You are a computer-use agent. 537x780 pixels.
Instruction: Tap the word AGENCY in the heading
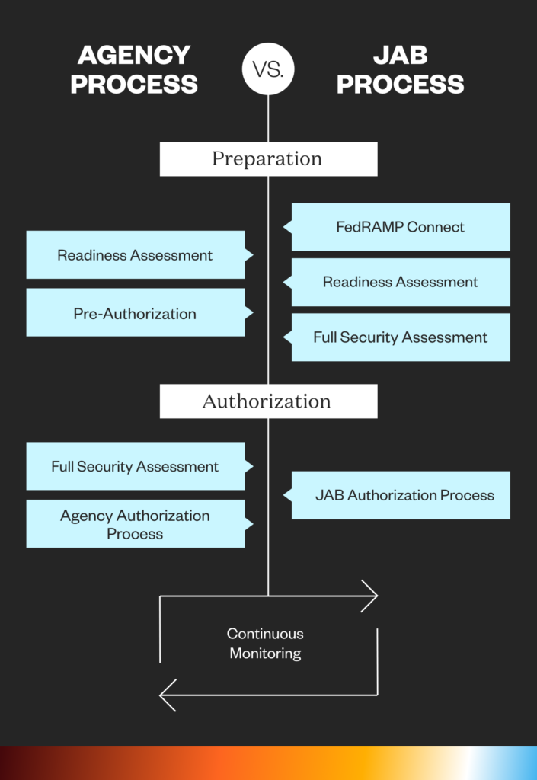(x=134, y=56)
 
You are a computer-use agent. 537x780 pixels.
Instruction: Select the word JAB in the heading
(x=400, y=56)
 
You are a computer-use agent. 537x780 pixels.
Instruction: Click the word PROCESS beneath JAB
(x=400, y=84)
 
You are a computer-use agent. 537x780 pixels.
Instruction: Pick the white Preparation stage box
(x=268, y=159)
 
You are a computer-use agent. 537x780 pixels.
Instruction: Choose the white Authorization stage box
(x=268, y=401)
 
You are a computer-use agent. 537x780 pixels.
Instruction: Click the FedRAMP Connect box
(x=401, y=227)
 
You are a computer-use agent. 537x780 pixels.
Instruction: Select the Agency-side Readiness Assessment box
(x=136, y=255)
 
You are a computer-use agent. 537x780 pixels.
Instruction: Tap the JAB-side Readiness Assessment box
(x=401, y=283)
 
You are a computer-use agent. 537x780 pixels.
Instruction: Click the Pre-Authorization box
(x=136, y=313)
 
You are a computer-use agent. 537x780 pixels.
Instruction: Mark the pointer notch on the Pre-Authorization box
(x=249, y=313)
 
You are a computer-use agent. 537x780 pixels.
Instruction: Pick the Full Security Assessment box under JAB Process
(x=401, y=337)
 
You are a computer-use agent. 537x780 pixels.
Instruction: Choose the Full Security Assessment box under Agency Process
(x=136, y=466)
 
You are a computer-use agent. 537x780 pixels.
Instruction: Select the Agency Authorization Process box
(x=136, y=524)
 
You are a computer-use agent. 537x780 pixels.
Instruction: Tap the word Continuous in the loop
(x=265, y=634)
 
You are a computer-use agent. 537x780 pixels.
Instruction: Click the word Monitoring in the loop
(x=265, y=654)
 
